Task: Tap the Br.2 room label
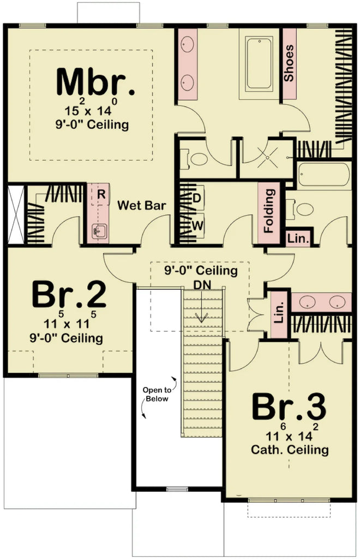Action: click(x=69, y=295)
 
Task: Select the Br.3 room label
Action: click(x=289, y=407)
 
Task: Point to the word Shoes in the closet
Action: click(x=289, y=62)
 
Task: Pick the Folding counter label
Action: click(x=268, y=210)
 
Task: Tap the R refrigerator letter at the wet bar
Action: click(x=101, y=194)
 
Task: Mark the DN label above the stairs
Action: click(x=202, y=285)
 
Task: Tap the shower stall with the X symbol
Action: click(x=268, y=157)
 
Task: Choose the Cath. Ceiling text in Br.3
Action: click(x=290, y=450)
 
